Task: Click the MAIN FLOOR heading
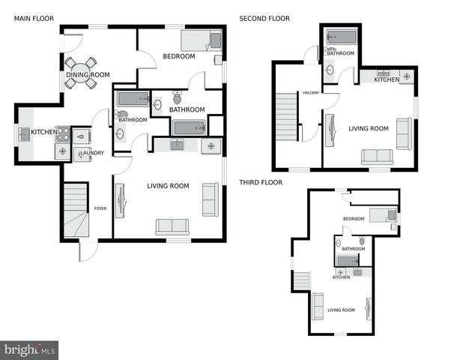tap(33, 19)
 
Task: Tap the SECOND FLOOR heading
tap(264, 19)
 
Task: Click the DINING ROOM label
tap(88, 74)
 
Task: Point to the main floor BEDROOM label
tap(178, 56)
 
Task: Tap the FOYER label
tap(100, 208)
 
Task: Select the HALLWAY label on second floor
tap(311, 93)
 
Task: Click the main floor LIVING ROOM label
tap(167, 186)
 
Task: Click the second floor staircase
tap(288, 116)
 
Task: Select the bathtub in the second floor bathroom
tap(341, 37)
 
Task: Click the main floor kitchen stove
tap(62, 133)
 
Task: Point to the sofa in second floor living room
tap(377, 157)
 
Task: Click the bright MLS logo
tap(29, 349)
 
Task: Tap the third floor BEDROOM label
tap(353, 219)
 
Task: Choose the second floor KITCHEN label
tap(387, 79)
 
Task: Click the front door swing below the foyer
tap(88, 251)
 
